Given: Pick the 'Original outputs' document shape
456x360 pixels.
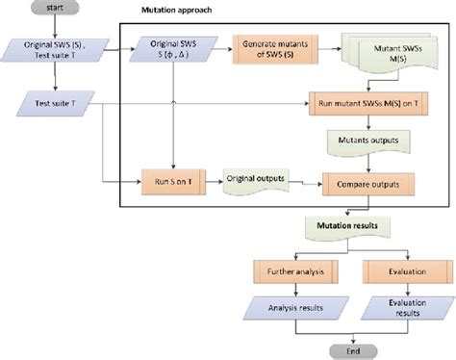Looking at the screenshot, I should click(254, 180).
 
